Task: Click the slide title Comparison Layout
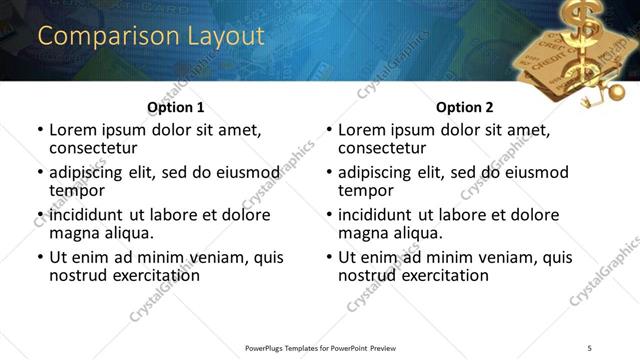coord(151,37)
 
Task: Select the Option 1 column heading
coord(175,107)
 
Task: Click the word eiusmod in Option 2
coord(534,172)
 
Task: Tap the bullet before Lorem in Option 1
coord(39,130)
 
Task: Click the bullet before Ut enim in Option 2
coord(328,257)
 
